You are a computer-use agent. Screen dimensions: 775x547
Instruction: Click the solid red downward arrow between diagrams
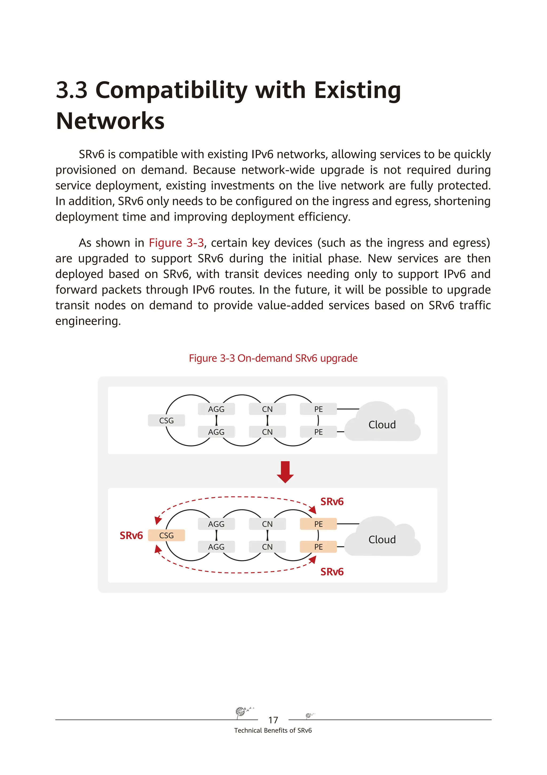(x=285, y=472)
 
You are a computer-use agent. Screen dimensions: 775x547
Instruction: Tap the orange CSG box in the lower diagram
(x=166, y=535)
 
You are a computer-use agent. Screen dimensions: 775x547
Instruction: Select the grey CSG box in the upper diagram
(x=166, y=420)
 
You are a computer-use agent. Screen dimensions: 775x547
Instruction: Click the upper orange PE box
(x=318, y=524)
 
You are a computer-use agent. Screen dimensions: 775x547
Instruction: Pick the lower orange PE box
(x=318, y=547)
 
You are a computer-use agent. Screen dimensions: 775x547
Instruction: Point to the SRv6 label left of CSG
(x=131, y=536)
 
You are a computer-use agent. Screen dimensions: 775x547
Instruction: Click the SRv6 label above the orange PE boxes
(x=332, y=502)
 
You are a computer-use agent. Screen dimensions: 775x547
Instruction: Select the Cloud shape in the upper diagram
(x=382, y=424)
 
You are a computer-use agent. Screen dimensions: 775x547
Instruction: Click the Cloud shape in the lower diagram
(x=382, y=539)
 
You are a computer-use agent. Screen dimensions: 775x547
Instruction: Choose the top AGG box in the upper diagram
(x=216, y=409)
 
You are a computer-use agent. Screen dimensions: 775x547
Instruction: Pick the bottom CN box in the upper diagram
(x=267, y=432)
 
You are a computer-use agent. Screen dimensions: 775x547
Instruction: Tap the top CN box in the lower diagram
(x=267, y=524)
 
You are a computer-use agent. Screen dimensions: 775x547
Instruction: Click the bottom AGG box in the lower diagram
(x=216, y=547)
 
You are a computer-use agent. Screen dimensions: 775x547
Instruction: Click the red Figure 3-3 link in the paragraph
(x=176, y=243)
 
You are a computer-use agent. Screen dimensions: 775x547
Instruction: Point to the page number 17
(x=273, y=720)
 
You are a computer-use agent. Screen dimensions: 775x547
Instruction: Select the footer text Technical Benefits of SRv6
(x=273, y=730)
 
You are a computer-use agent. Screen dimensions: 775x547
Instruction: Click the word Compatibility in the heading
(x=171, y=91)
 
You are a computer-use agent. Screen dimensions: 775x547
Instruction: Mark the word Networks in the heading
(x=110, y=121)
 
